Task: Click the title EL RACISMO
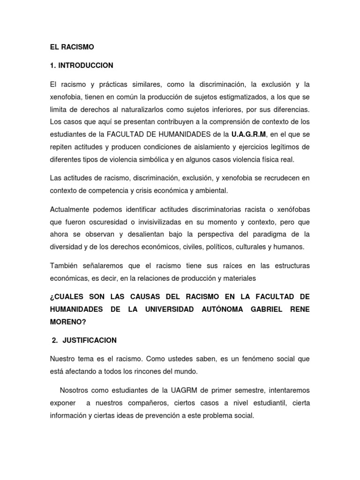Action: (72, 47)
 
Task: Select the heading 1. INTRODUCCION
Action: (82, 65)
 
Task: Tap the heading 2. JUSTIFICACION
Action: (84, 340)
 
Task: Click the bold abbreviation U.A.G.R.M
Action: (249, 135)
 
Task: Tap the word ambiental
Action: (200, 190)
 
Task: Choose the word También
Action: (64, 266)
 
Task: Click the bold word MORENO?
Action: (68, 322)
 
